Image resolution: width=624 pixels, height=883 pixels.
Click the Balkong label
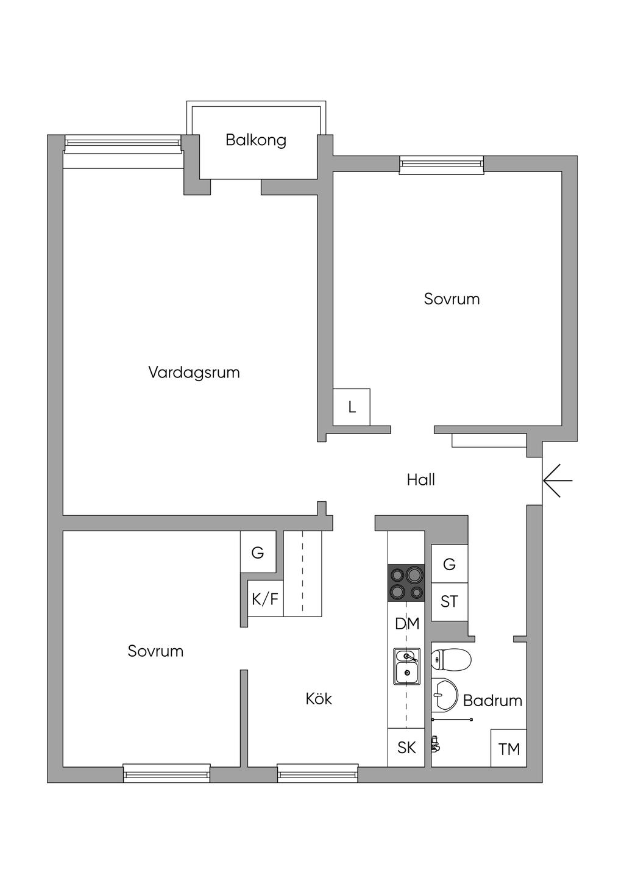tap(255, 140)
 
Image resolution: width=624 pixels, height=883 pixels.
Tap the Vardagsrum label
tap(194, 372)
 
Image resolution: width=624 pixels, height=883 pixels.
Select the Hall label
tap(420, 480)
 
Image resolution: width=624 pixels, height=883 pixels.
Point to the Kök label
tap(319, 699)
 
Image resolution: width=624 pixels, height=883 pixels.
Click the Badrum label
tap(492, 701)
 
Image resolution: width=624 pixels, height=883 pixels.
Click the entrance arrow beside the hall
tap(557, 481)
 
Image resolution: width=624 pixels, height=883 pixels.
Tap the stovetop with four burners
tap(406, 583)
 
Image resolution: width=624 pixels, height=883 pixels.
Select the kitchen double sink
tap(406, 666)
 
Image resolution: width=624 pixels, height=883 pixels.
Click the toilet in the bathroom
tap(452, 659)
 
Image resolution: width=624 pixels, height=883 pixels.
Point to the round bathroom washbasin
tap(445, 695)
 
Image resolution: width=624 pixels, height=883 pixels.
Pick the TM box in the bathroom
tap(509, 748)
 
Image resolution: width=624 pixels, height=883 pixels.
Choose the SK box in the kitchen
tap(406, 748)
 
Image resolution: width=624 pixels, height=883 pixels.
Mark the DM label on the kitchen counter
tap(407, 624)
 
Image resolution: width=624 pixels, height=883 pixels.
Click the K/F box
tap(265, 599)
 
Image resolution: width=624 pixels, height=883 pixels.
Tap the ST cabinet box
tap(449, 602)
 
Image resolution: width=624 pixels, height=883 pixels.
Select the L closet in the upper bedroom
tap(352, 407)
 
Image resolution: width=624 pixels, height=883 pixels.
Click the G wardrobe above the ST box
tap(449, 564)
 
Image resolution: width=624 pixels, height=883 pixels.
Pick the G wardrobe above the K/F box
tap(258, 552)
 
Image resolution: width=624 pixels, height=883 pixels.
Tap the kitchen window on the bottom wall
tap(317, 774)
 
